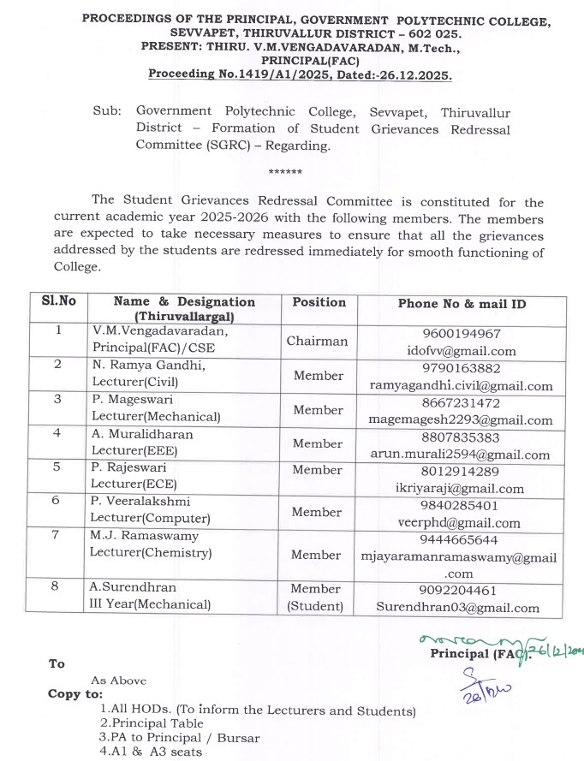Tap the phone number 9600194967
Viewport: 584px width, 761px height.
(461, 333)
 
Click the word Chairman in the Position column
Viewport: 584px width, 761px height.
(317, 341)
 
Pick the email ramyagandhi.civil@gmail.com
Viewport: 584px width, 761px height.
(461, 385)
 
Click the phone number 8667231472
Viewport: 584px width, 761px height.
(461, 402)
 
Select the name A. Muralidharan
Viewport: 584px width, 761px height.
(142, 434)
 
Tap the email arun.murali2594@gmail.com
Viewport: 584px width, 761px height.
(461, 454)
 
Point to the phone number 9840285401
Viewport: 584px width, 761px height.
(461, 505)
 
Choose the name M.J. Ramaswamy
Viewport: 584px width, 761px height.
(144, 536)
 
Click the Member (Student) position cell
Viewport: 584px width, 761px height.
(316, 598)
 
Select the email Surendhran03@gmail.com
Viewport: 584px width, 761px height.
(458, 608)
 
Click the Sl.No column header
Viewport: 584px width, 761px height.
(58, 301)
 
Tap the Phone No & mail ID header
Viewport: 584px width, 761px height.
(462, 304)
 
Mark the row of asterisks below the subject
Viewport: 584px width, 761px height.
(284, 172)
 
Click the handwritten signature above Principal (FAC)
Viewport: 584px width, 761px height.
(467, 642)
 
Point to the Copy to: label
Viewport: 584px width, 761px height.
(75, 693)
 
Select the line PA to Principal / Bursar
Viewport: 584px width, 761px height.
(180, 737)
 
